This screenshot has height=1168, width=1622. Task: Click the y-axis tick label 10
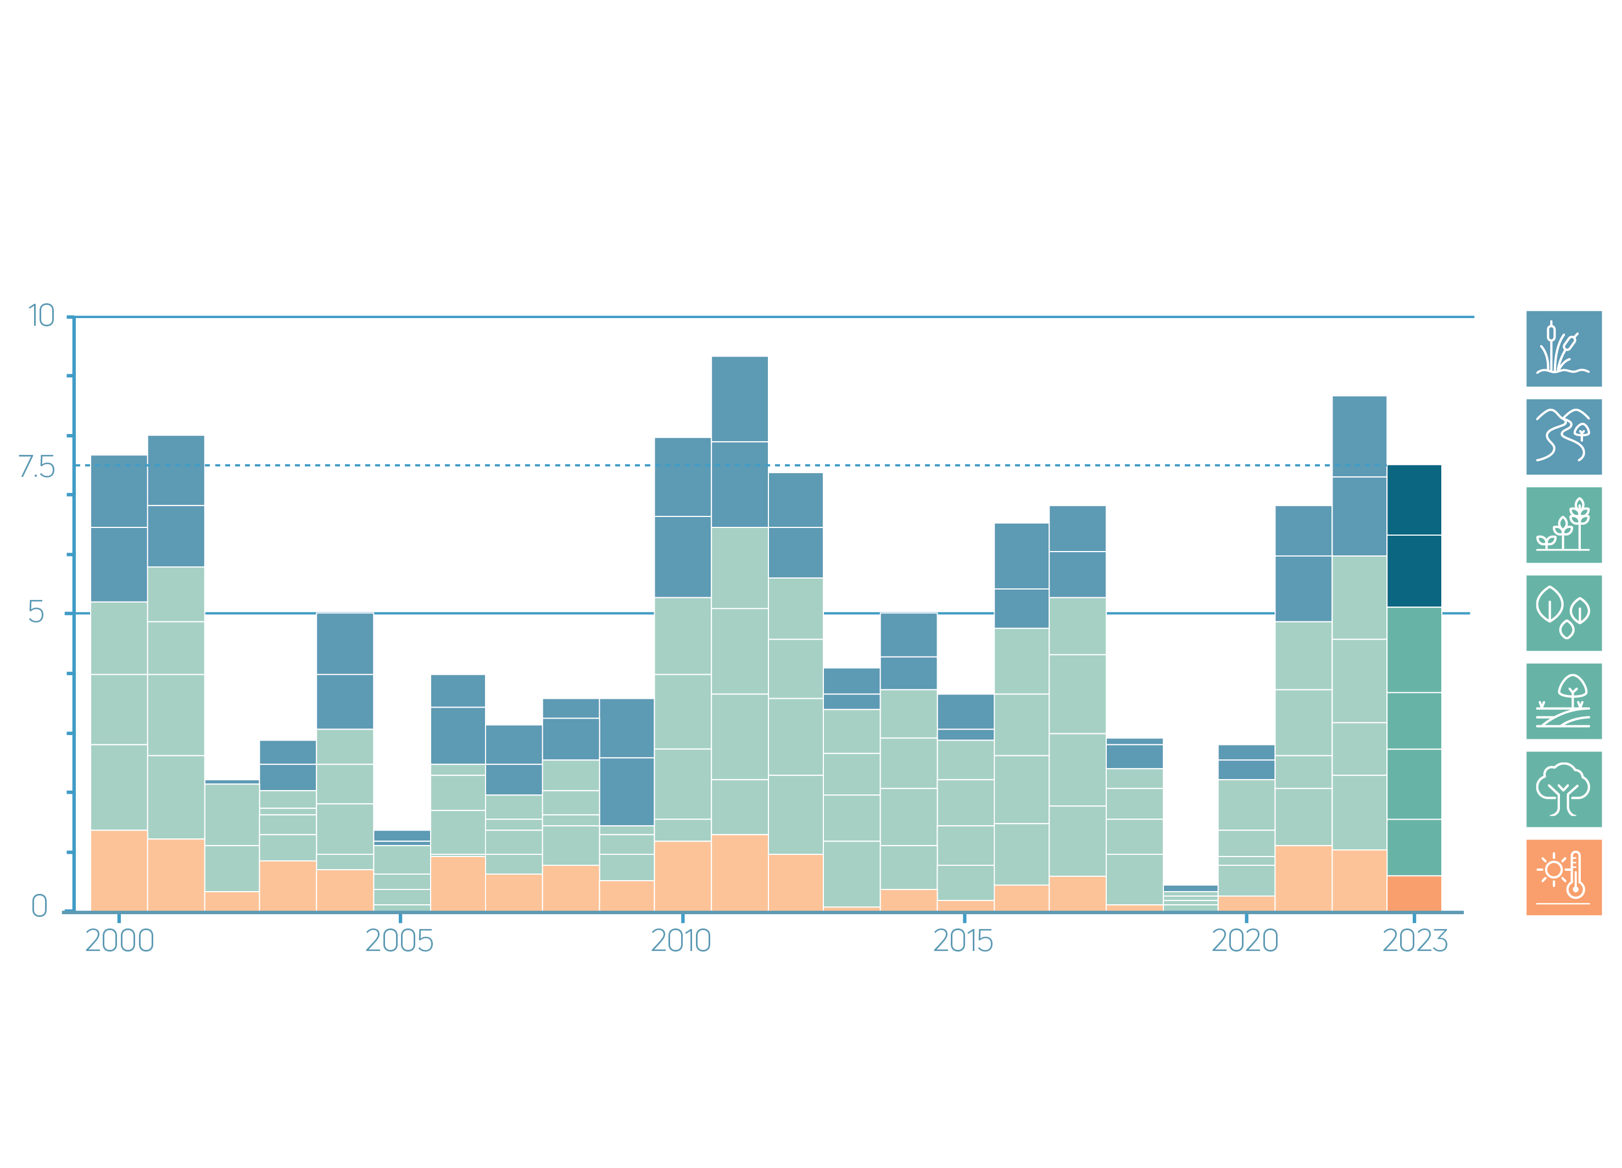(41, 315)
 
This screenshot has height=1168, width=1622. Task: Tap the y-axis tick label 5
(36, 612)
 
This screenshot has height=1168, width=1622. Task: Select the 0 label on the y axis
(40, 907)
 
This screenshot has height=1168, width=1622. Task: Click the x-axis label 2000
(119, 941)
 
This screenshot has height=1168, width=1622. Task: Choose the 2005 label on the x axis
(399, 941)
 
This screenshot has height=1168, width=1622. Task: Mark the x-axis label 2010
(681, 941)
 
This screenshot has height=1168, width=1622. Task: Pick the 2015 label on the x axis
(963, 941)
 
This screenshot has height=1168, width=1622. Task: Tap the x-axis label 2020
(1245, 941)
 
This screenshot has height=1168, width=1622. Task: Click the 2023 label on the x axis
(1414, 941)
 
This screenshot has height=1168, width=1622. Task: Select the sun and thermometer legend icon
(1564, 877)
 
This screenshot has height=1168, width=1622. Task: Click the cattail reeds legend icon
(1564, 349)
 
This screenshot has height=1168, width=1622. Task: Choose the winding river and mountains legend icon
(1564, 437)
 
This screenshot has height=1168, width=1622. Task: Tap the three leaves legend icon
(1564, 613)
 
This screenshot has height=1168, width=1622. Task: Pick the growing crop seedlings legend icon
(1564, 525)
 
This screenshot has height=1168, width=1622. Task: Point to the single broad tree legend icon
(1564, 789)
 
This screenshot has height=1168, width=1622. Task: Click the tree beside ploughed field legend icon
(1564, 701)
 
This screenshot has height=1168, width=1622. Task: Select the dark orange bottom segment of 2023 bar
(1414, 893)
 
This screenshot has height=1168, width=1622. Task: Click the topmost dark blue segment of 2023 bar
(1414, 499)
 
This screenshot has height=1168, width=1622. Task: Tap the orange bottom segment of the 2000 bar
(119, 870)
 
